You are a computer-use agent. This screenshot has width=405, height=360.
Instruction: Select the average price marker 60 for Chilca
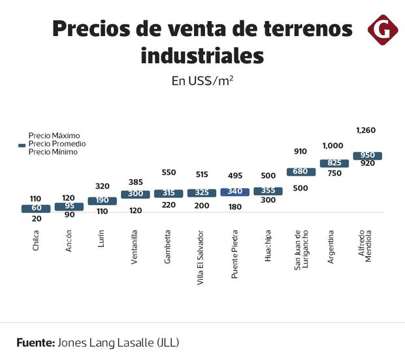point(35,208)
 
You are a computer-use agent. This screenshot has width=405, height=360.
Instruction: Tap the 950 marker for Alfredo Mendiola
point(367,155)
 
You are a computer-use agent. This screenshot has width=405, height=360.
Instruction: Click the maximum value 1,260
point(366,131)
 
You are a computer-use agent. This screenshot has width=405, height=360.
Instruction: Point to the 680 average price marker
point(300,172)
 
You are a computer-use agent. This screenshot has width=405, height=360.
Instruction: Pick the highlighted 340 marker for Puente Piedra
point(234,192)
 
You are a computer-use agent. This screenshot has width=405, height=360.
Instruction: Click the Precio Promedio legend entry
point(57,144)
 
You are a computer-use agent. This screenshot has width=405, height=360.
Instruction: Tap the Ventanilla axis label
point(134,245)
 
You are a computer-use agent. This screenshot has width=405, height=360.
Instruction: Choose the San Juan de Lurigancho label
point(300,250)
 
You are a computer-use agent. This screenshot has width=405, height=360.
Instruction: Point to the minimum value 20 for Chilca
point(35,219)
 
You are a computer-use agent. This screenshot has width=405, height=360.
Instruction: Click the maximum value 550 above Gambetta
point(169,173)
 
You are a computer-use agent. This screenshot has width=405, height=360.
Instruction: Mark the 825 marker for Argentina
point(334,163)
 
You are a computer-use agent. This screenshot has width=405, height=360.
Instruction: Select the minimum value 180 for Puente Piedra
point(235,206)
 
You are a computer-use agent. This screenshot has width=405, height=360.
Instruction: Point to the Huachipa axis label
point(267,246)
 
